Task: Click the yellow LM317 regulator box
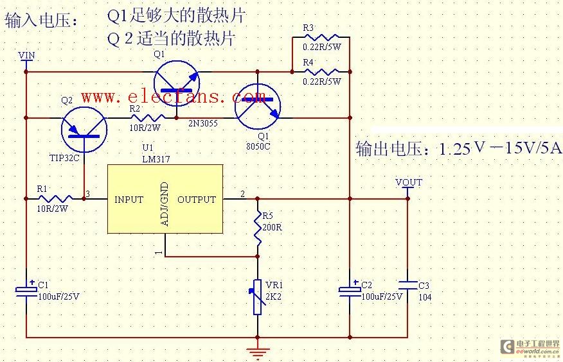pos(165,199)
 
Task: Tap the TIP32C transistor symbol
pos(84,130)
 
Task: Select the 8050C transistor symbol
pos(258,107)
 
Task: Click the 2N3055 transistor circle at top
pos(177,83)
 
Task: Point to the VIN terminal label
pos(26,55)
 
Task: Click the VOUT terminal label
pos(409,182)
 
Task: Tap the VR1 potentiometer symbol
pos(258,297)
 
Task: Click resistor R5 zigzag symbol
pos(258,228)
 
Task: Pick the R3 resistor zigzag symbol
pos(321,37)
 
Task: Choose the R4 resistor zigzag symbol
pos(321,72)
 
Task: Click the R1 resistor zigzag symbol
pos(55,198)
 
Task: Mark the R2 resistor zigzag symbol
pos(148,118)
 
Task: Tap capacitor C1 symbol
pos(26,290)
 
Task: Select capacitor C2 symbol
pos(350,290)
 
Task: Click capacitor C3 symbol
pos(408,286)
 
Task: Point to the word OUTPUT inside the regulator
pos(197,200)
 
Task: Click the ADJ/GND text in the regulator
pos(165,204)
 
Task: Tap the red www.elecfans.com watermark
pos(173,97)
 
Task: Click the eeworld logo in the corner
pos(530,347)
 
